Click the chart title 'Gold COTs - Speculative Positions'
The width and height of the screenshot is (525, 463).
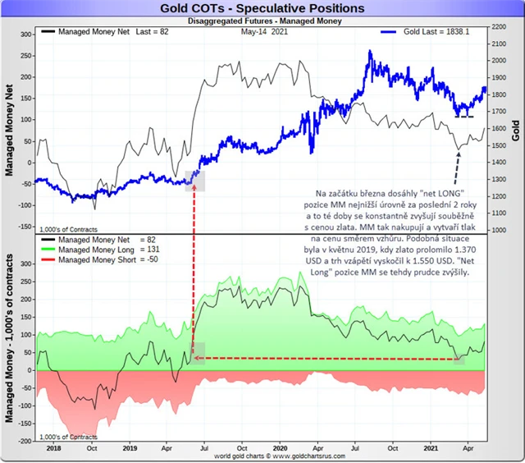click(262, 8)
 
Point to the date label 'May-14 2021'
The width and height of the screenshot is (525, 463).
click(269, 31)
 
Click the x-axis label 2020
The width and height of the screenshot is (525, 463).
click(280, 447)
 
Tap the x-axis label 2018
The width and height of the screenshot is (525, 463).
click(53, 447)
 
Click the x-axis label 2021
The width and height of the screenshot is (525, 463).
click(432, 447)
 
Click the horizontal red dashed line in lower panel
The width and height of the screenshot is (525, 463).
click(328, 358)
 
